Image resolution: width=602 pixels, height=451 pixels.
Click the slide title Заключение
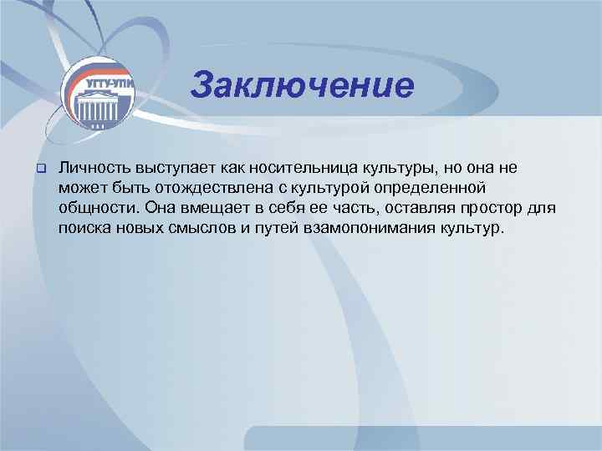tap(302, 85)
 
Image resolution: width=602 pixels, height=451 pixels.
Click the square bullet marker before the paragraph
tap(38, 169)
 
